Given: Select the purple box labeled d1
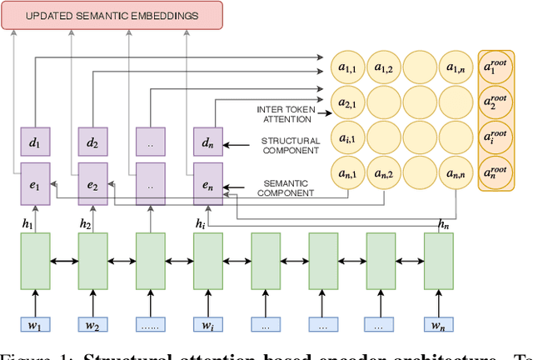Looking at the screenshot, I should coord(34,142).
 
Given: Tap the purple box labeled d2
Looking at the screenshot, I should coord(92,142).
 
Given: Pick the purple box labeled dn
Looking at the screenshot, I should coord(207,142).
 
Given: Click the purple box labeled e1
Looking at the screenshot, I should coord(34,183).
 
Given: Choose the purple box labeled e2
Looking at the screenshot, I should coord(92,183).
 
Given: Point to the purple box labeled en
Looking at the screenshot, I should coord(207,183).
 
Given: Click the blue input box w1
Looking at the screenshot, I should coord(34,326).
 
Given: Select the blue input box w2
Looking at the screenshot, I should coord(92,326).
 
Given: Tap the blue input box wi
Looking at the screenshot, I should coord(207,326).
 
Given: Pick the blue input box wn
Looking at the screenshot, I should coord(438,326).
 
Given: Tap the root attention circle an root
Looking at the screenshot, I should coord(501,173).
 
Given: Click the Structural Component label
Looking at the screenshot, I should coord(291,146).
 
